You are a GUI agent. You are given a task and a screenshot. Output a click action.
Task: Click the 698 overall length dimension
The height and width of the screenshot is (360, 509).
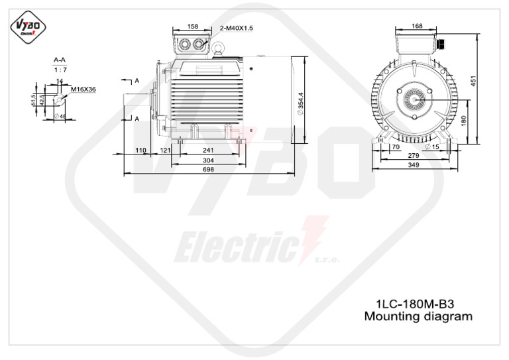(207, 170)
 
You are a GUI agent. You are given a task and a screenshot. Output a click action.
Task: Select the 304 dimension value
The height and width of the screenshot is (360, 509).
(207, 160)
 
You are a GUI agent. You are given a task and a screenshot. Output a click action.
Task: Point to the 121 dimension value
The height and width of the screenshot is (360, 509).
(165, 150)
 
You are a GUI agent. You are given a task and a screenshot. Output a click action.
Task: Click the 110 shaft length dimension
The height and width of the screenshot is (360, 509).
(141, 150)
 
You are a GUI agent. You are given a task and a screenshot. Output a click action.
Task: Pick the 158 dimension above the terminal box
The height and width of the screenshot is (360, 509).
(192, 27)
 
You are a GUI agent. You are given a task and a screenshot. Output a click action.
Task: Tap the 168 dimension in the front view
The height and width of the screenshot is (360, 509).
(417, 27)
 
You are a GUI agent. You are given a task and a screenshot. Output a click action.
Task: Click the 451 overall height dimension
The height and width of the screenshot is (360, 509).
(482, 81)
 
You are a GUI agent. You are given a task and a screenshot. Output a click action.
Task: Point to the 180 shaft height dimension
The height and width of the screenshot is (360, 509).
(464, 121)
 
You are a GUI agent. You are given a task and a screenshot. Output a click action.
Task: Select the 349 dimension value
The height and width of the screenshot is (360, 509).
(414, 164)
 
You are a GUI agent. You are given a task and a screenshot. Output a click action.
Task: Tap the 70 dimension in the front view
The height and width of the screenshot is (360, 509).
(395, 147)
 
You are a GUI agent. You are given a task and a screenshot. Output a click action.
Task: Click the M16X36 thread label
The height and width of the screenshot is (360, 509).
(84, 87)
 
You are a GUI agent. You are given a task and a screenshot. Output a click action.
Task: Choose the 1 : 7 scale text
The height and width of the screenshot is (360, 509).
(60, 68)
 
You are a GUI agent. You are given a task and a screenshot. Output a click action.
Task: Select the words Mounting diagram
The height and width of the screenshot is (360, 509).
(418, 316)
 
